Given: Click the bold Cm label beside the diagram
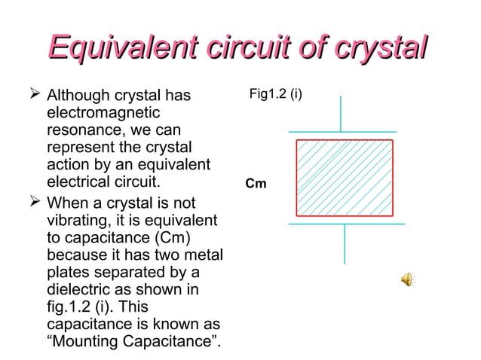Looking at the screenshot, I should tap(255, 183).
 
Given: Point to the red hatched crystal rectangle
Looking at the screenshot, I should tap(345, 178).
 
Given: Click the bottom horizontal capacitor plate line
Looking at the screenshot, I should tap(345, 224).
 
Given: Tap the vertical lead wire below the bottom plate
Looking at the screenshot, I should tap(345, 244).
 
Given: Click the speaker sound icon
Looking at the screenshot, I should tap(407, 280).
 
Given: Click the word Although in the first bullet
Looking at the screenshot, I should tap(78, 96).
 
